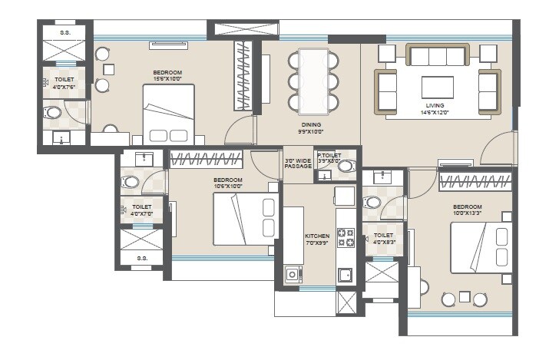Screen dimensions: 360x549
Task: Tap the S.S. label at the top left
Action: point(65,31)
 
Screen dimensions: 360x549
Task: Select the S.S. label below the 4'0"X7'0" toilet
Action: point(142,259)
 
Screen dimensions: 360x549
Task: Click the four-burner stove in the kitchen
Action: point(346,237)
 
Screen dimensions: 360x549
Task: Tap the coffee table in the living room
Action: point(437,83)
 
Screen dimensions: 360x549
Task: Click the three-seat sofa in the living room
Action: point(437,55)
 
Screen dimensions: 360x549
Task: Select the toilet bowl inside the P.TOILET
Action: point(346,166)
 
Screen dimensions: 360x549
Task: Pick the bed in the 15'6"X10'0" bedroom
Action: point(169,114)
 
